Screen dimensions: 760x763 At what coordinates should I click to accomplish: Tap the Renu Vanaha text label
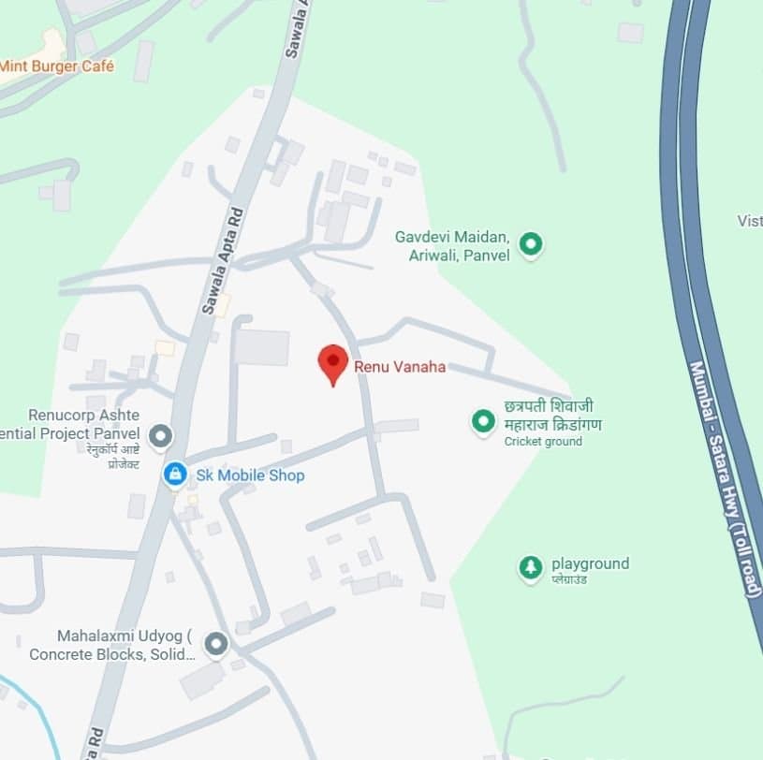[400, 367]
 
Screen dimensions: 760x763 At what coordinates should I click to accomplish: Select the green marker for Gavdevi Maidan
[532, 245]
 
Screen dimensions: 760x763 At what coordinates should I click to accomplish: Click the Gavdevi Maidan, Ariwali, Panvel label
[453, 245]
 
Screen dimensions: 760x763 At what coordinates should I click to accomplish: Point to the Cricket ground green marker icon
[483, 422]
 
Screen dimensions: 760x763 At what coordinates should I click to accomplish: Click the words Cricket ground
[543, 442]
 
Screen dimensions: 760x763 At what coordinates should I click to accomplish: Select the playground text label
[590, 563]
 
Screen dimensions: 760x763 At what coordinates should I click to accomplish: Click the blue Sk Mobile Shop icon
[174, 475]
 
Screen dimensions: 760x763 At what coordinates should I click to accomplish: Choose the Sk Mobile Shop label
[250, 475]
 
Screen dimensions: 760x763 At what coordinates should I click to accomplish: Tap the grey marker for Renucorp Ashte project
[162, 435]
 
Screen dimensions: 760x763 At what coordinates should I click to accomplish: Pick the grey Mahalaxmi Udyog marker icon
[216, 644]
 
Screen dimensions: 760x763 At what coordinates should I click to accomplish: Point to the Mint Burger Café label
[56, 66]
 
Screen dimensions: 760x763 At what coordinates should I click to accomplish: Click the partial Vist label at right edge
[750, 221]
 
